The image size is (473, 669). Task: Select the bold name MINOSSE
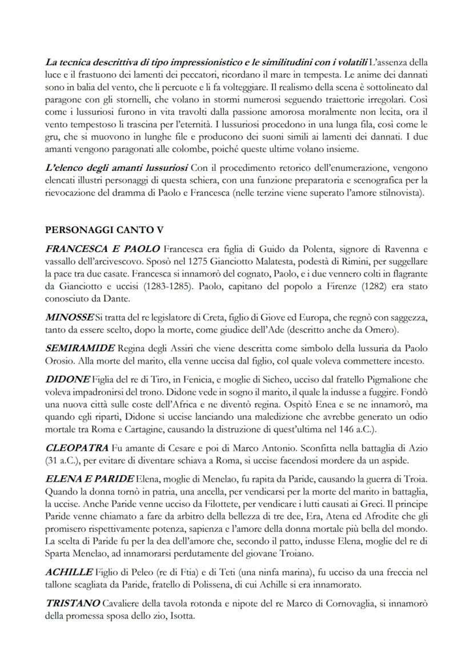(69, 316)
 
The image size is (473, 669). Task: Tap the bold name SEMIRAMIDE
(79, 348)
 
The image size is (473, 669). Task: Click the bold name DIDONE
(67, 379)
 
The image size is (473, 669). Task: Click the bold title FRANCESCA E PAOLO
(102, 250)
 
